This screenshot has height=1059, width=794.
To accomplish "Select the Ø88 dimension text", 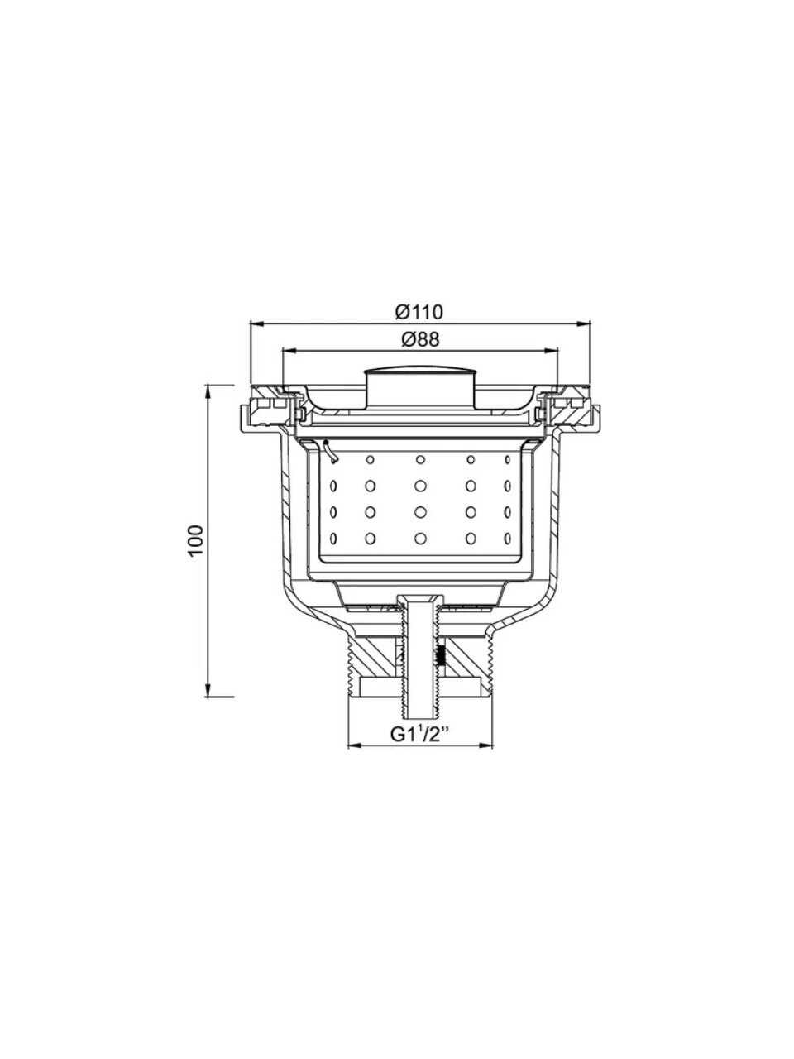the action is pos(420,340).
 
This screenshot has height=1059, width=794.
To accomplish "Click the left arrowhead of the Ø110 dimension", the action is pos(256,324).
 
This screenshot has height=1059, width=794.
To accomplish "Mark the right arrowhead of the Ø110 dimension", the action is pos(584,324).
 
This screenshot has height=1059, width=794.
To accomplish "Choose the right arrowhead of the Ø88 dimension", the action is pos(551,352).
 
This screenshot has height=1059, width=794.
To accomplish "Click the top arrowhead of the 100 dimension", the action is pos(208,392).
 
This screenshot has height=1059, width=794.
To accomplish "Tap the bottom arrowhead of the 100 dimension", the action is pos(208,690).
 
